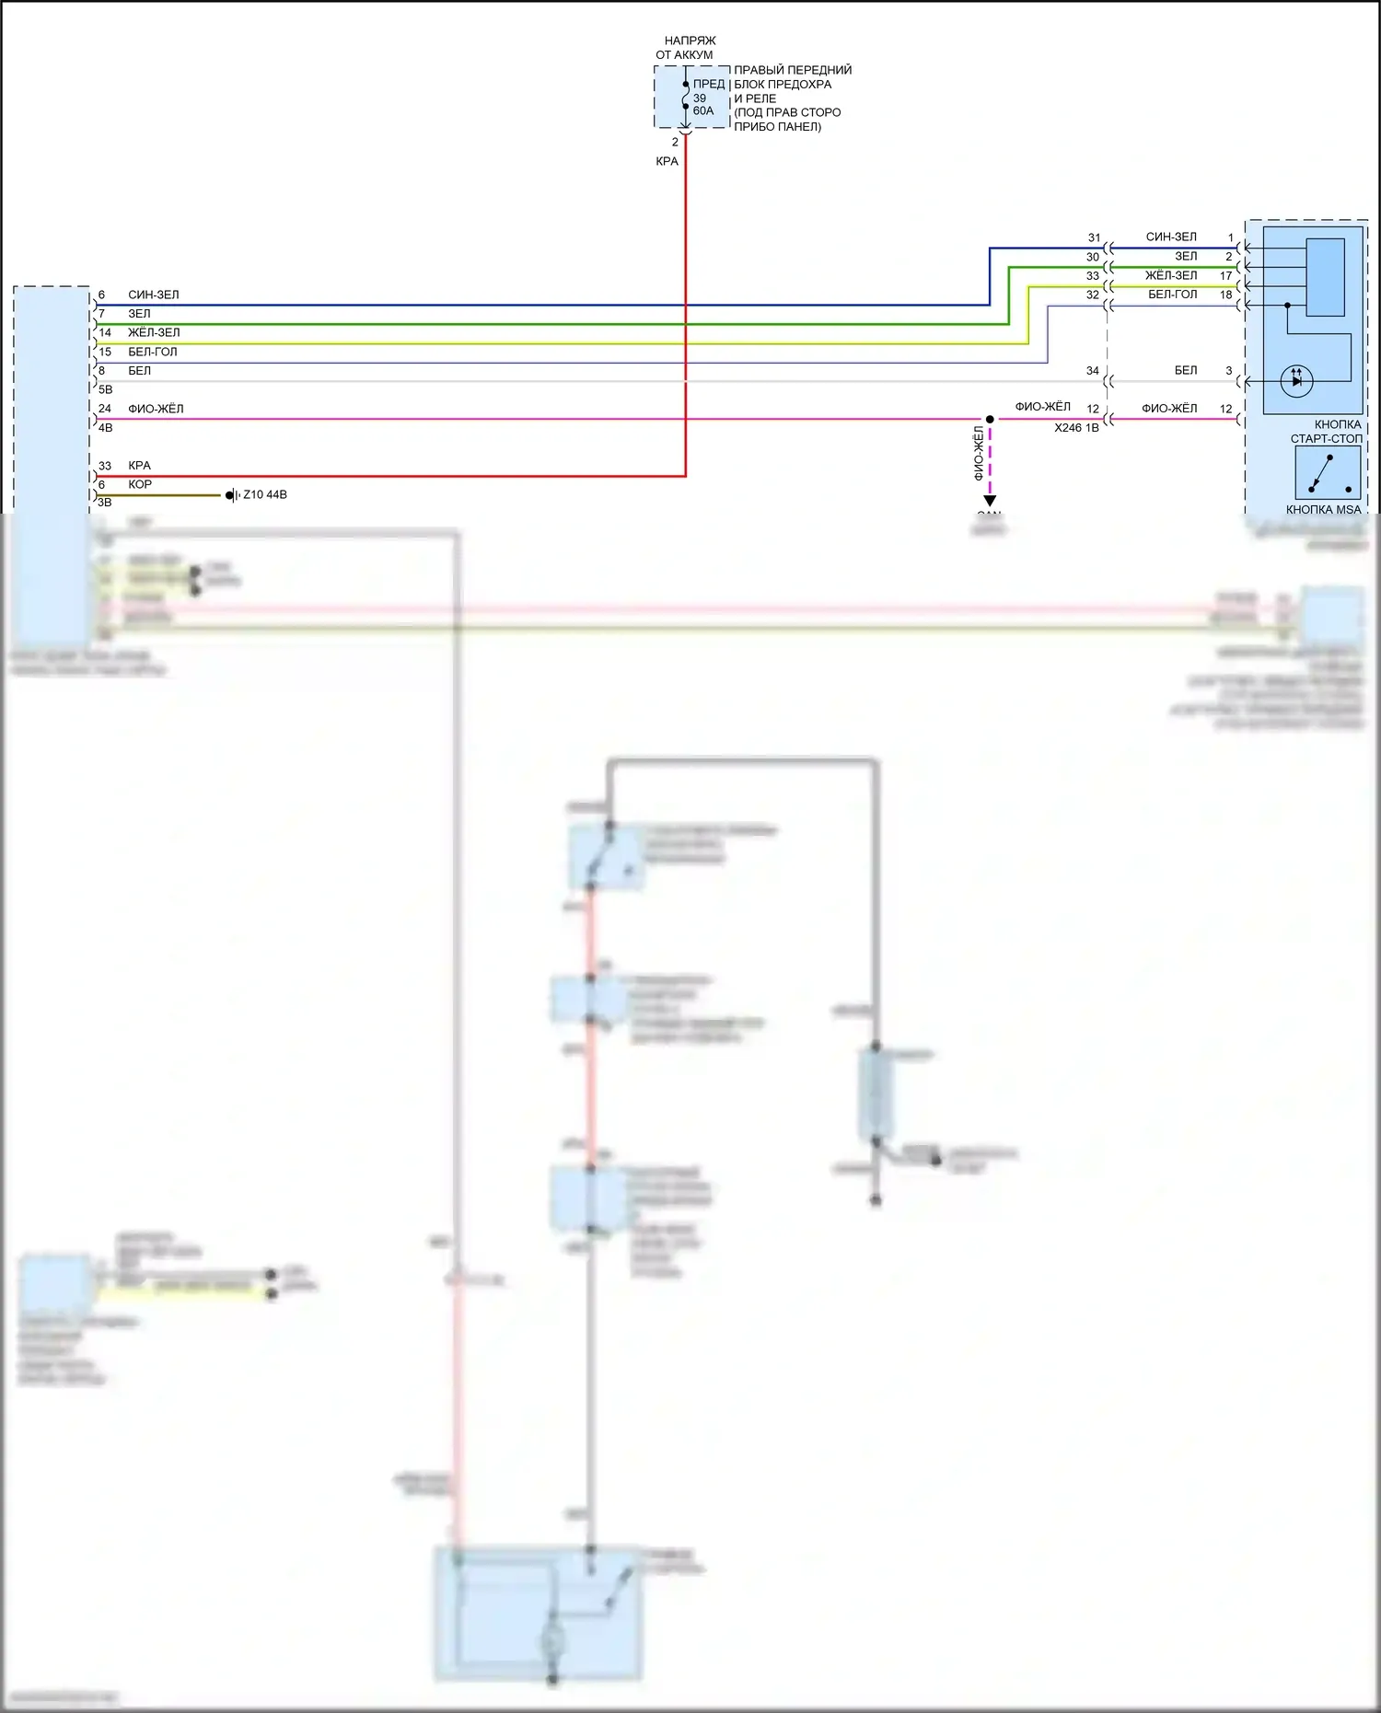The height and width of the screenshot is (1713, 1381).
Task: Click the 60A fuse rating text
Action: [x=703, y=110]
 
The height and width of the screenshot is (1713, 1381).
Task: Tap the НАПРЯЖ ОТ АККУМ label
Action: [x=687, y=48]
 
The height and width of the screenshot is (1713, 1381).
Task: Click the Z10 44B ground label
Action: [x=265, y=494]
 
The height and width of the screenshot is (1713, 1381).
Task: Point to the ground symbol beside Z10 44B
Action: [x=230, y=495]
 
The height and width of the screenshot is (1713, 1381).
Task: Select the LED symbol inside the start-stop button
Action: [x=1296, y=380]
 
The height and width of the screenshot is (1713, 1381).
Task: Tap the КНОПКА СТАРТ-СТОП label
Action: [x=1327, y=432]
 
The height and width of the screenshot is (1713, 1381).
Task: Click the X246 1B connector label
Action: [x=1076, y=428]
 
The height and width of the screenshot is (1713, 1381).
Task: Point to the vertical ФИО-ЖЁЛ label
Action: [x=979, y=452]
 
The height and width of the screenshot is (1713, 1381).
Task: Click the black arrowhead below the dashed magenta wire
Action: [x=990, y=501]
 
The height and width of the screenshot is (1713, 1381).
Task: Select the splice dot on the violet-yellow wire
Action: [x=990, y=419]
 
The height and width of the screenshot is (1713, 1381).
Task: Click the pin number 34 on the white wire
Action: [x=1093, y=371]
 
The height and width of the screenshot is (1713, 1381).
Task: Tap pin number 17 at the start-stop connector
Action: [x=1226, y=275]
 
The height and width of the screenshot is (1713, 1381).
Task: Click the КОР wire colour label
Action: [x=140, y=484]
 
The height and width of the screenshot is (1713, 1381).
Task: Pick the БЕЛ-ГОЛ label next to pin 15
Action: [x=153, y=352]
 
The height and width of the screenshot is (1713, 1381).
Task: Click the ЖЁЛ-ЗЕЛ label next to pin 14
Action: [x=154, y=332]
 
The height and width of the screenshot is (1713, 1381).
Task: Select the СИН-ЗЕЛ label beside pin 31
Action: [x=1171, y=237]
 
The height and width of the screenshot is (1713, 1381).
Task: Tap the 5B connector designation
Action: [x=106, y=389]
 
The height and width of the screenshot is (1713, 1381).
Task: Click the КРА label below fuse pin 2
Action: [x=667, y=161]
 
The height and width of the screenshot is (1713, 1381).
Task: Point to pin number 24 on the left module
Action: [x=105, y=409]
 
